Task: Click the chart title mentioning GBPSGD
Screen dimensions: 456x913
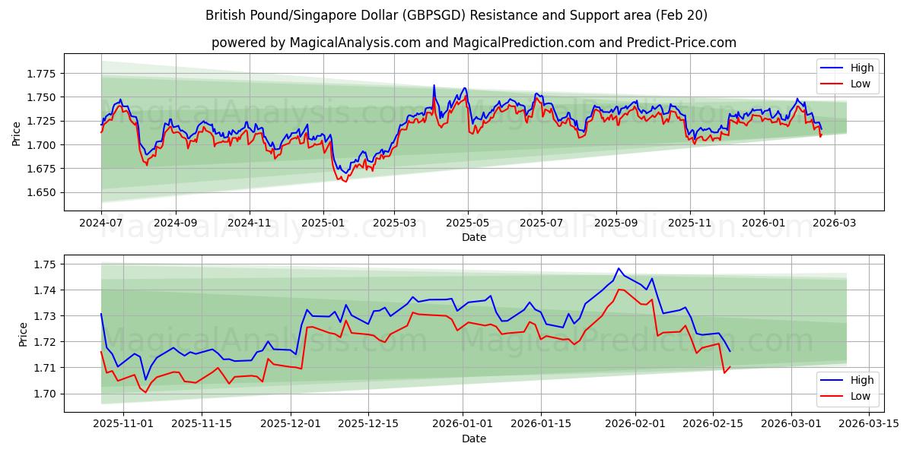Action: pos(456,15)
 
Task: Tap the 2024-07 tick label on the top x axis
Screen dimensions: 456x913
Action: pos(101,223)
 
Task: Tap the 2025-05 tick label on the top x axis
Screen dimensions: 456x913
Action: pos(468,223)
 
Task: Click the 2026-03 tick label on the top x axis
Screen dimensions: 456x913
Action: pos(835,223)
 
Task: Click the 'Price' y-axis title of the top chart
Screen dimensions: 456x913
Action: pos(17,133)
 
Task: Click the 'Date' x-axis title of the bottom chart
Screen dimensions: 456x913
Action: pos(473,439)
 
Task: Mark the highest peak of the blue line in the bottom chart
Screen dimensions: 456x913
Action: pos(619,268)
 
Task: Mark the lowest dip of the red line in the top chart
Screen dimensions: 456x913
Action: pos(345,182)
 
